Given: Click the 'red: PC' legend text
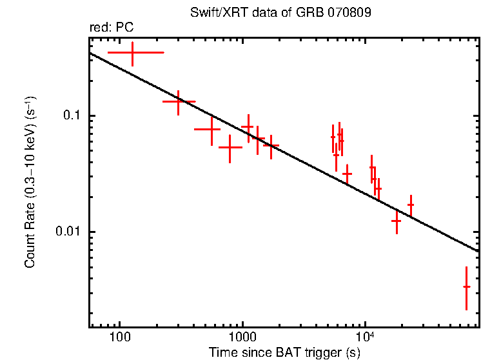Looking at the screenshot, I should (111, 28).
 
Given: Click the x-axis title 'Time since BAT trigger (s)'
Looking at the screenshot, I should (284, 352).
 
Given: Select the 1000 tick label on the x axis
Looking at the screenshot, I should (242, 336).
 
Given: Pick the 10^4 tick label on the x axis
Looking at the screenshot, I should (365, 336).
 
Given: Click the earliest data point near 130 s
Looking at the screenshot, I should (132, 52).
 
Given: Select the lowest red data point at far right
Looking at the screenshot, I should (466, 286).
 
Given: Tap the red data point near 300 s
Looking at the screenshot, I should (179, 101).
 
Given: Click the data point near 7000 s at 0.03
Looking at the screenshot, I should (347, 174).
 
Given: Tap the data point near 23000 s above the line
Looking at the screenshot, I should (411, 205).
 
